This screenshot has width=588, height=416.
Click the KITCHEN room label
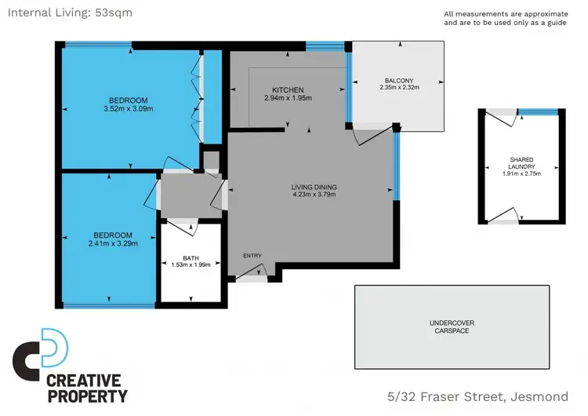coord(288,90)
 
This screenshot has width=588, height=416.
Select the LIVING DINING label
coord(314,187)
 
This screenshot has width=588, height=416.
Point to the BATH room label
coord(191,257)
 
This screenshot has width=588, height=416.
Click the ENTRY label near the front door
coord(252,255)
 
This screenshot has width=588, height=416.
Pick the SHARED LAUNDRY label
coord(521,163)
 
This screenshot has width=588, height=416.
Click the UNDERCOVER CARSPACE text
coord(453,327)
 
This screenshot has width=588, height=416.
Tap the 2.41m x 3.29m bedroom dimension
coord(114,243)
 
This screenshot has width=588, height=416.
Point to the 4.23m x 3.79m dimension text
coord(314,195)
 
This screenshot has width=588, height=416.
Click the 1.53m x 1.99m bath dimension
coord(191,265)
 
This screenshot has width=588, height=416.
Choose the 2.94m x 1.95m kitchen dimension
coord(288,98)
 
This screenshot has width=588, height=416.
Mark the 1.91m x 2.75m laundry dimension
coord(521,173)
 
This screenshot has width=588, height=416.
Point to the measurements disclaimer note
coord(505,18)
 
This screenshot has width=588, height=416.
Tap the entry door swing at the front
coord(252,272)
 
